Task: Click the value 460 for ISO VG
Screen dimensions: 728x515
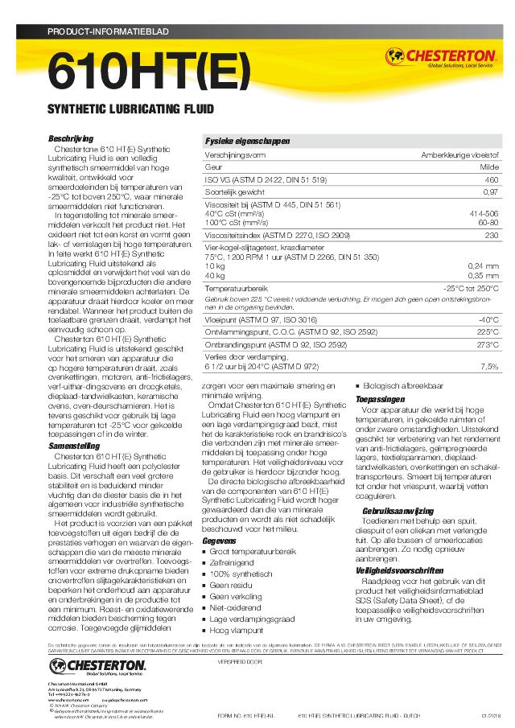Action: [x=491, y=179]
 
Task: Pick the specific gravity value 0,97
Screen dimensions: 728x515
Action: [x=491, y=192]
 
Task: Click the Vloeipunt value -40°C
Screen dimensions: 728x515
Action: [x=488, y=319]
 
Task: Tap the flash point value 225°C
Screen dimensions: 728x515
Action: [x=488, y=331]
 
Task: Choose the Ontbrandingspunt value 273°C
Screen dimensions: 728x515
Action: [x=488, y=344]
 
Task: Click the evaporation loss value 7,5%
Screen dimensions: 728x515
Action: [x=489, y=366]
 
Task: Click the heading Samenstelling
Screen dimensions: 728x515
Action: [x=75, y=445]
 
